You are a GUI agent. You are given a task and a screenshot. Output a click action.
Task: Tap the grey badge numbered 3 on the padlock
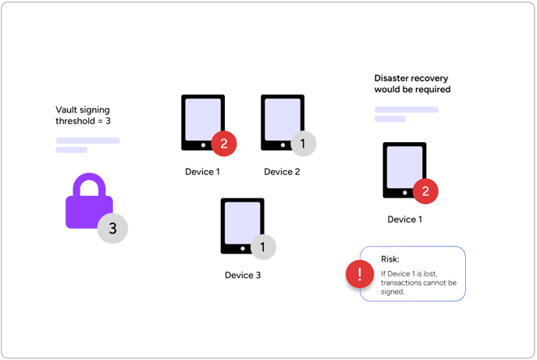(x=112, y=228)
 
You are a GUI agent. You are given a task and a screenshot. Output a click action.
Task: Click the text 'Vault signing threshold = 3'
(x=83, y=116)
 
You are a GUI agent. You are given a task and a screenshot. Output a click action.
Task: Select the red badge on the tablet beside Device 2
(x=223, y=143)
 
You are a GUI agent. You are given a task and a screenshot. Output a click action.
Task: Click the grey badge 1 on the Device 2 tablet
(x=303, y=144)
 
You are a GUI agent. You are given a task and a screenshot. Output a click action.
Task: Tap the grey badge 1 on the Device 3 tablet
(x=263, y=247)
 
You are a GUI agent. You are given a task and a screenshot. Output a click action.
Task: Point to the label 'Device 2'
(x=282, y=172)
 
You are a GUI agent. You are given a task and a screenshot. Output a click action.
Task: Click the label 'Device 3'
(x=243, y=275)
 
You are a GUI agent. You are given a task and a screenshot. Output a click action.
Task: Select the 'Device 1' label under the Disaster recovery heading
(x=404, y=219)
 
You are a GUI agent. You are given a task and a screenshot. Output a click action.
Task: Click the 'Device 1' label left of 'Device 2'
(x=202, y=172)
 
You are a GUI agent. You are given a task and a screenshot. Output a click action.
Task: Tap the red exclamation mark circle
(x=359, y=274)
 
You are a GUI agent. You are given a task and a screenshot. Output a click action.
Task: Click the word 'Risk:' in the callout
(x=390, y=258)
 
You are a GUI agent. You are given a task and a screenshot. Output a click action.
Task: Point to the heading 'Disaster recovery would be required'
(x=412, y=84)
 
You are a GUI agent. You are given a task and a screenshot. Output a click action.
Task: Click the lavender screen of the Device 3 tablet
(x=241, y=222)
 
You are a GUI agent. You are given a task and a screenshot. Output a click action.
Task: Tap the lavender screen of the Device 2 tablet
(x=281, y=119)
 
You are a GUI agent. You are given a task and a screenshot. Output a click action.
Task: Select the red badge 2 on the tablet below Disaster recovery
(x=425, y=191)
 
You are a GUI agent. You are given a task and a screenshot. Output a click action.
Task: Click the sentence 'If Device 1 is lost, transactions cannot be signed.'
(x=418, y=282)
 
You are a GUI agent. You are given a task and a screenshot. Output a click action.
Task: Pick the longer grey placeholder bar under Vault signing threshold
(x=87, y=141)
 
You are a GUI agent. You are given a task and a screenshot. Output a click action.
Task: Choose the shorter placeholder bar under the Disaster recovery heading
(x=390, y=119)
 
